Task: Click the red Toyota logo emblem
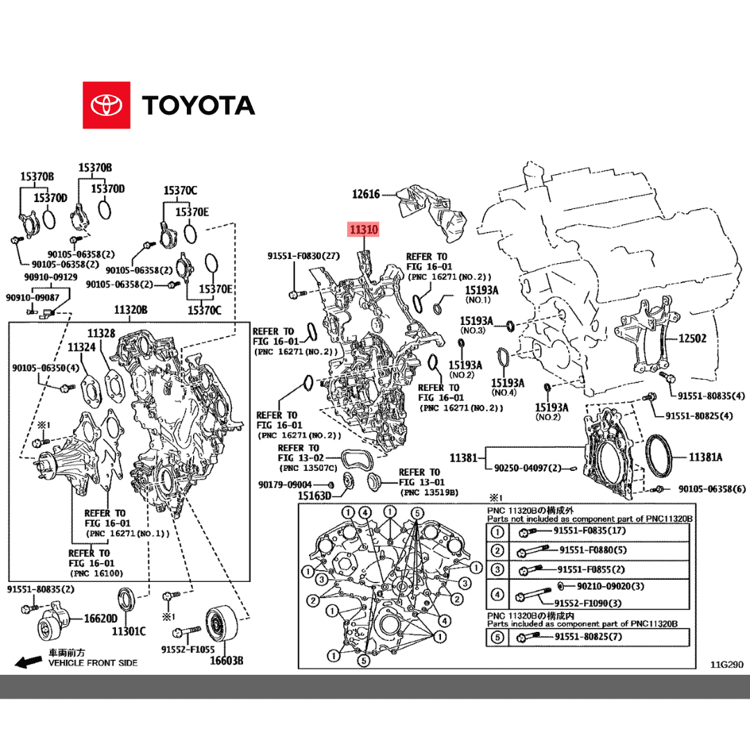(106, 106)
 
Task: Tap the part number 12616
(365, 194)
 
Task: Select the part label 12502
(692, 339)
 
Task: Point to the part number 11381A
(706, 457)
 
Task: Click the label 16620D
(99, 617)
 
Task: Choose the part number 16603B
(227, 660)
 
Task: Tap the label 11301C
(128, 631)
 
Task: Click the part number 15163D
(315, 496)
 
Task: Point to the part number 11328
(101, 333)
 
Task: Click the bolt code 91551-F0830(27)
(303, 256)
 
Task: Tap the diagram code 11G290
(726, 665)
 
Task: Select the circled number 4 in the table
(497, 594)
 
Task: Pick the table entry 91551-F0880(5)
(592, 550)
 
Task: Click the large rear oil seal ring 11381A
(660, 457)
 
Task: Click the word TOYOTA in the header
(199, 106)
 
